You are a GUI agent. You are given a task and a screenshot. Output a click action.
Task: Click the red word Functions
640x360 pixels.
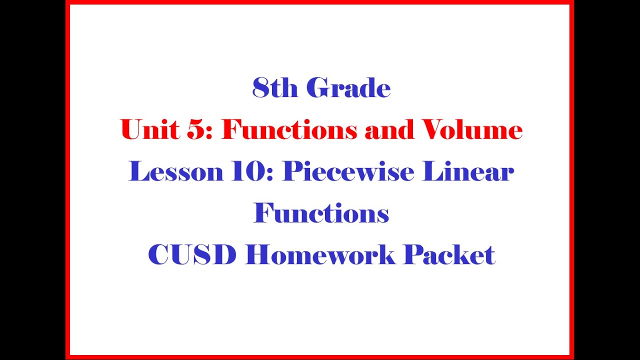[x=289, y=130]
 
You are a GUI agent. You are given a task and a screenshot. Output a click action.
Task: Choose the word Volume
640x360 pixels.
[x=472, y=130]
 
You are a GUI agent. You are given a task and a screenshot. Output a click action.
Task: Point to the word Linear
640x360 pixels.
[x=468, y=172]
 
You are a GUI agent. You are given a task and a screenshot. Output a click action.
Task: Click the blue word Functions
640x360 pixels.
[x=321, y=213]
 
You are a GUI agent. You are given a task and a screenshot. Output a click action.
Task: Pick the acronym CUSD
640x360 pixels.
[x=192, y=255]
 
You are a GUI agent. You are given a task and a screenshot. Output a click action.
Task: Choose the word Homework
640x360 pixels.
[x=320, y=255]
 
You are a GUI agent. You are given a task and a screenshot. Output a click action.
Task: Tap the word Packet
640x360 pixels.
[x=449, y=255]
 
